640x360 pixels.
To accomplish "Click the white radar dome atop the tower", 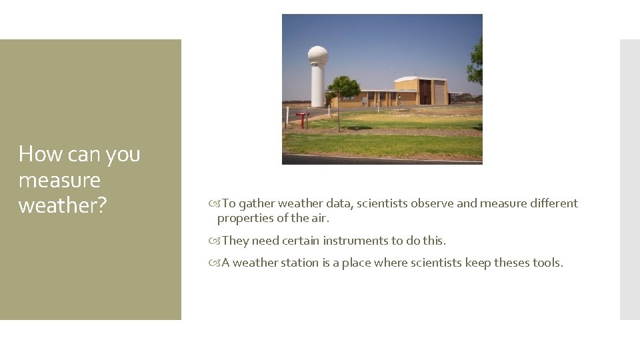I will click(317, 55).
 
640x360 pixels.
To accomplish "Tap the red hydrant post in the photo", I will click(302, 119).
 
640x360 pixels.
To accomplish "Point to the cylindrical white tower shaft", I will click(317, 87).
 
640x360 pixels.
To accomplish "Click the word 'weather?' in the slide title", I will click(62, 206).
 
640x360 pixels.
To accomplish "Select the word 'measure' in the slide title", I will click(59, 180).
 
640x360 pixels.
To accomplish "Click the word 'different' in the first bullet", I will click(551, 203).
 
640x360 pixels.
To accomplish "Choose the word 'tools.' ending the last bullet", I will click(548, 263).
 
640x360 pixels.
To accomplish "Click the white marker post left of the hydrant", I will click(287, 117).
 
